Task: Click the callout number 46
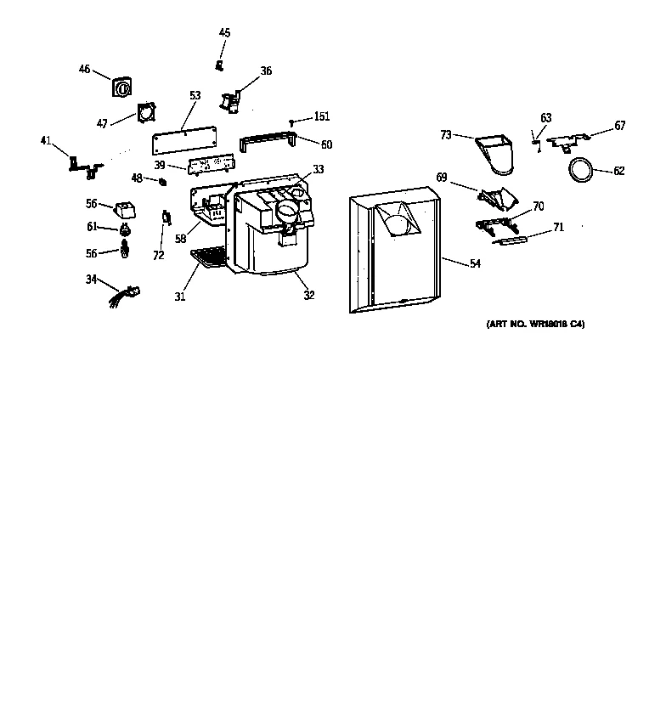(x=84, y=69)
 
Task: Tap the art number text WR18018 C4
(x=535, y=325)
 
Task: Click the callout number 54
(x=475, y=264)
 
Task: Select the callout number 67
(x=620, y=126)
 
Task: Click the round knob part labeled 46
(x=121, y=87)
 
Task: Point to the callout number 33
(x=319, y=169)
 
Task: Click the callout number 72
(x=159, y=255)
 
